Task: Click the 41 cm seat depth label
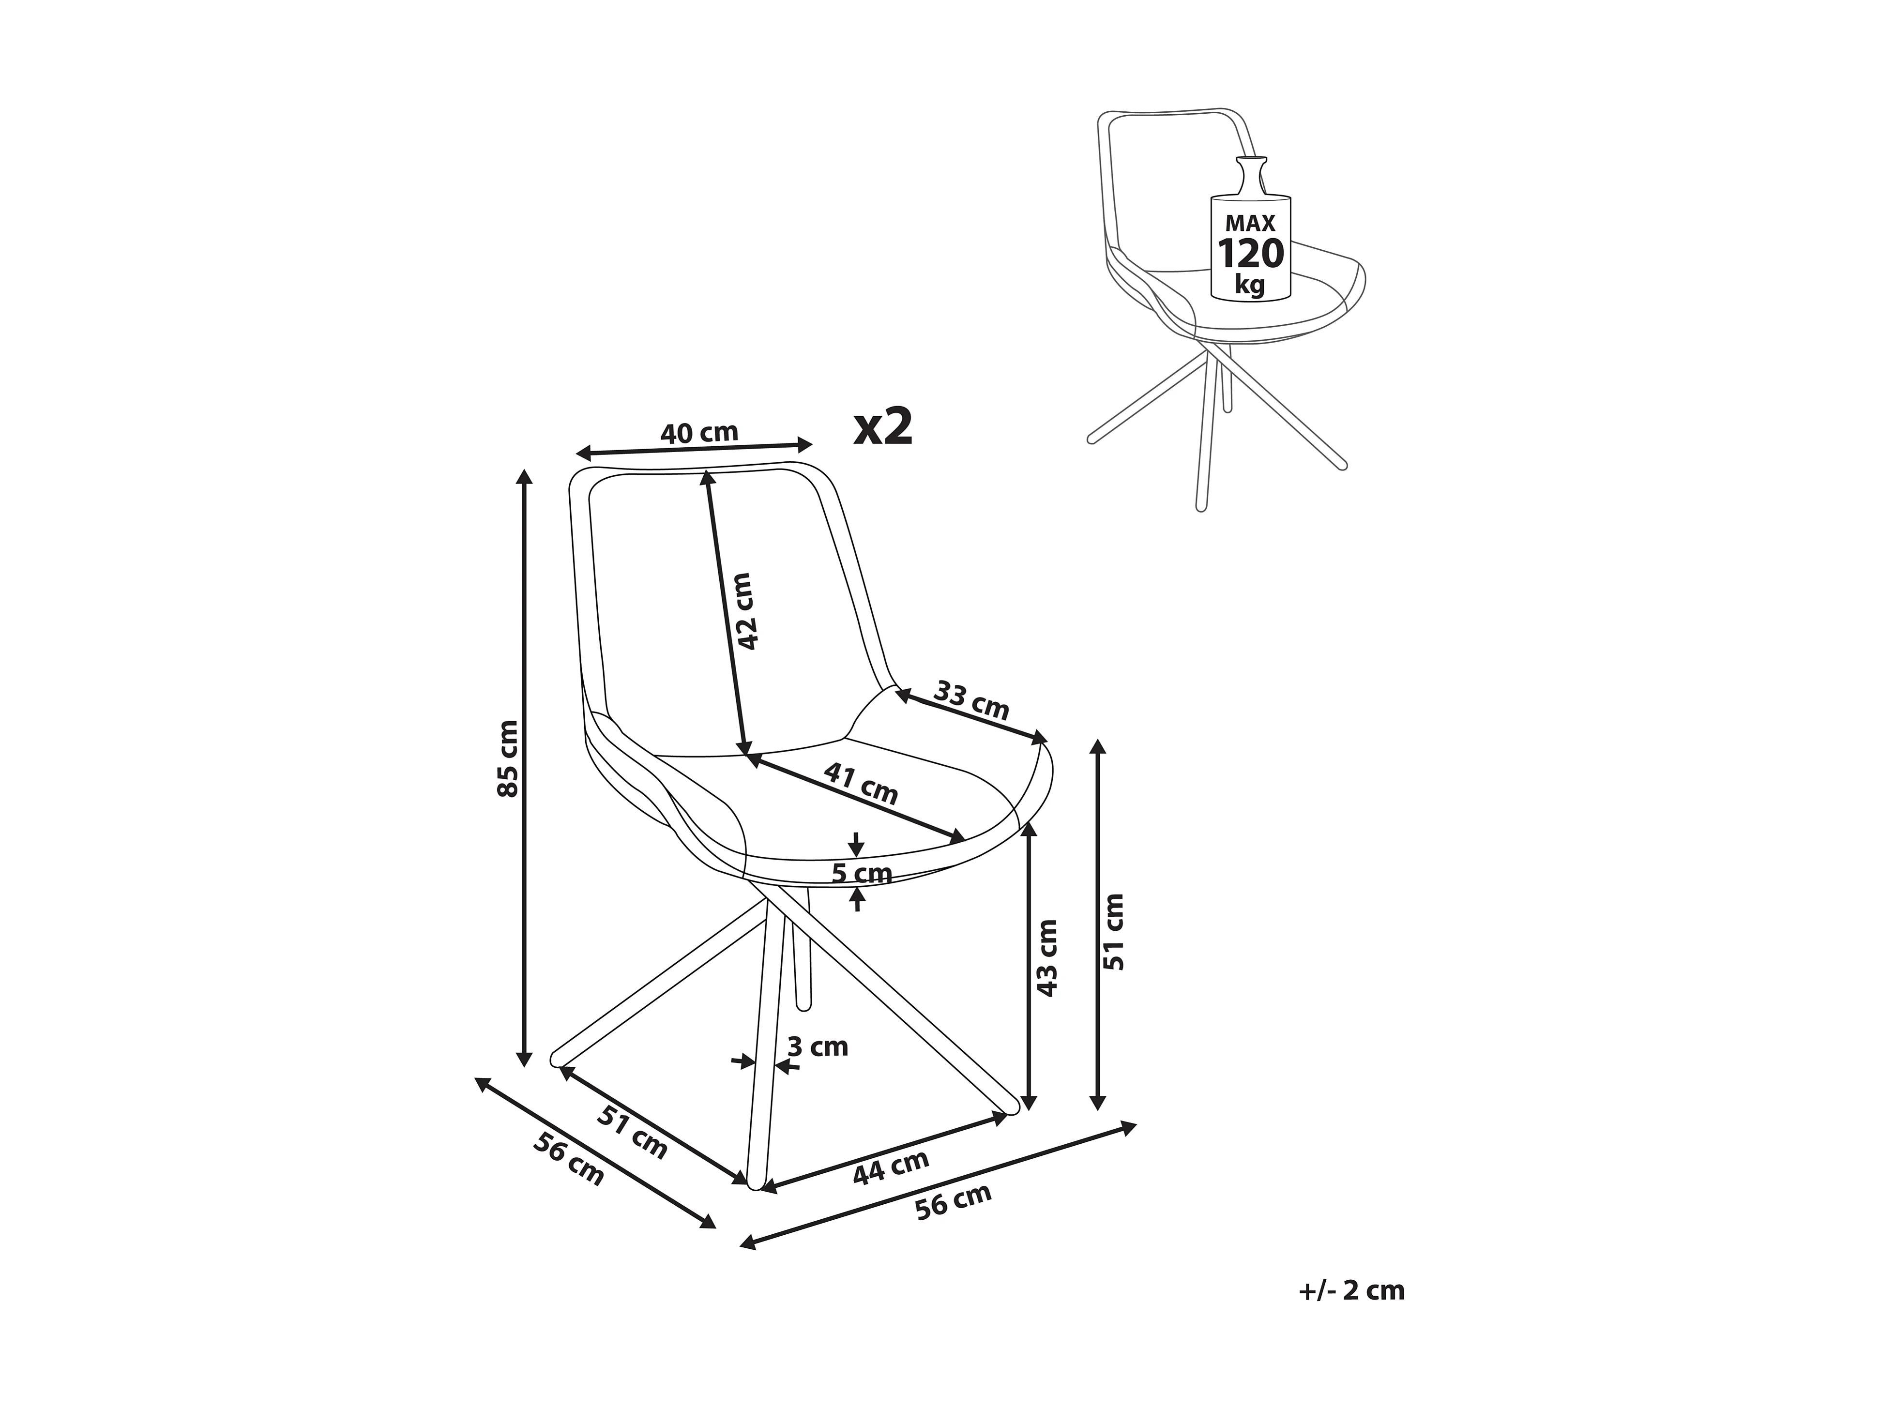pyautogui.click(x=861, y=784)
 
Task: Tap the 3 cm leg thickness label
pyautogui.click(x=817, y=1047)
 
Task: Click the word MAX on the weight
pyautogui.click(x=1250, y=223)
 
